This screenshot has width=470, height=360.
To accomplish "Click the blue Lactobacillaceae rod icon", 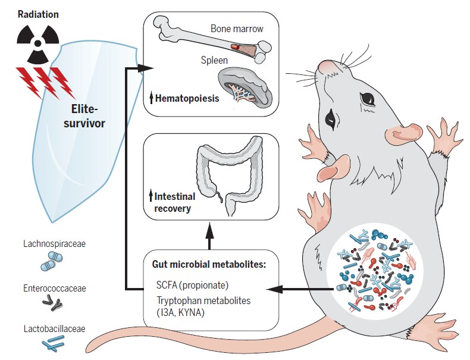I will pos(55,343).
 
